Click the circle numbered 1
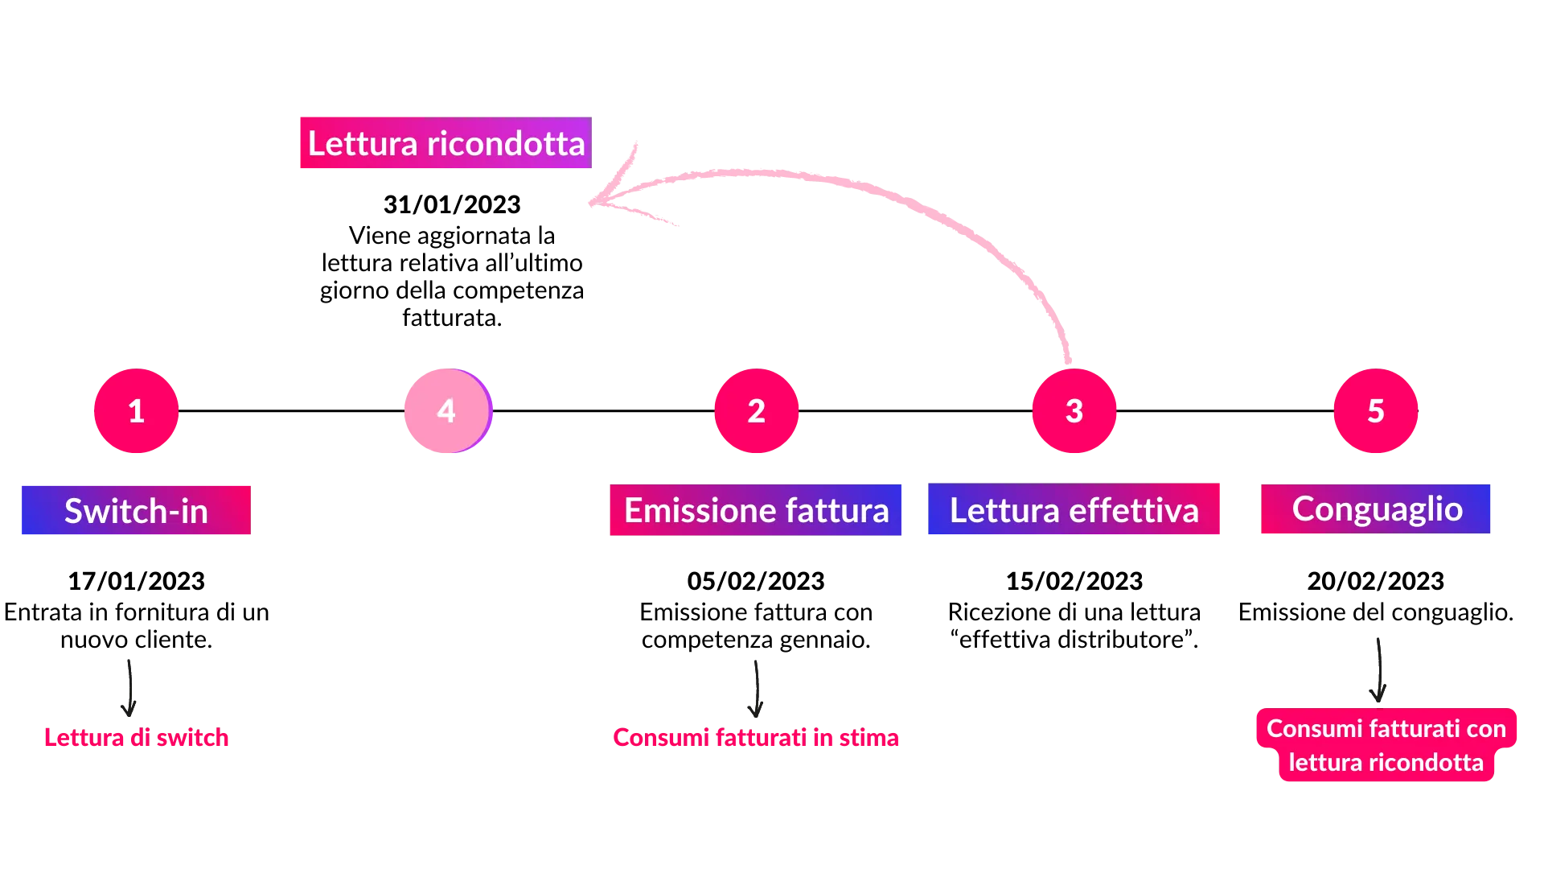[x=136, y=411]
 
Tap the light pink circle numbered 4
[x=447, y=411]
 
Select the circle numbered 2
[x=756, y=411]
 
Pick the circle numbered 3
[x=1074, y=411]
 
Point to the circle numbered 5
[x=1376, y=411]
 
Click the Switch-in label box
[x=135, y=511]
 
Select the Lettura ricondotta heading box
[x=444, y=144]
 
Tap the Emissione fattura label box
[x=756, y=511]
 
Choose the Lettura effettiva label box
[x=1074, y=511]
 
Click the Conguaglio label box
[x=1376, y=509]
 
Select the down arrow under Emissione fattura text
[x=755, y=689]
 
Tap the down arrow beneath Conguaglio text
[x=1378, y=672]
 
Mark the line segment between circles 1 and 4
[x=291, y=412]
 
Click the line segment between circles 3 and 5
[x=1225, y=412]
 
